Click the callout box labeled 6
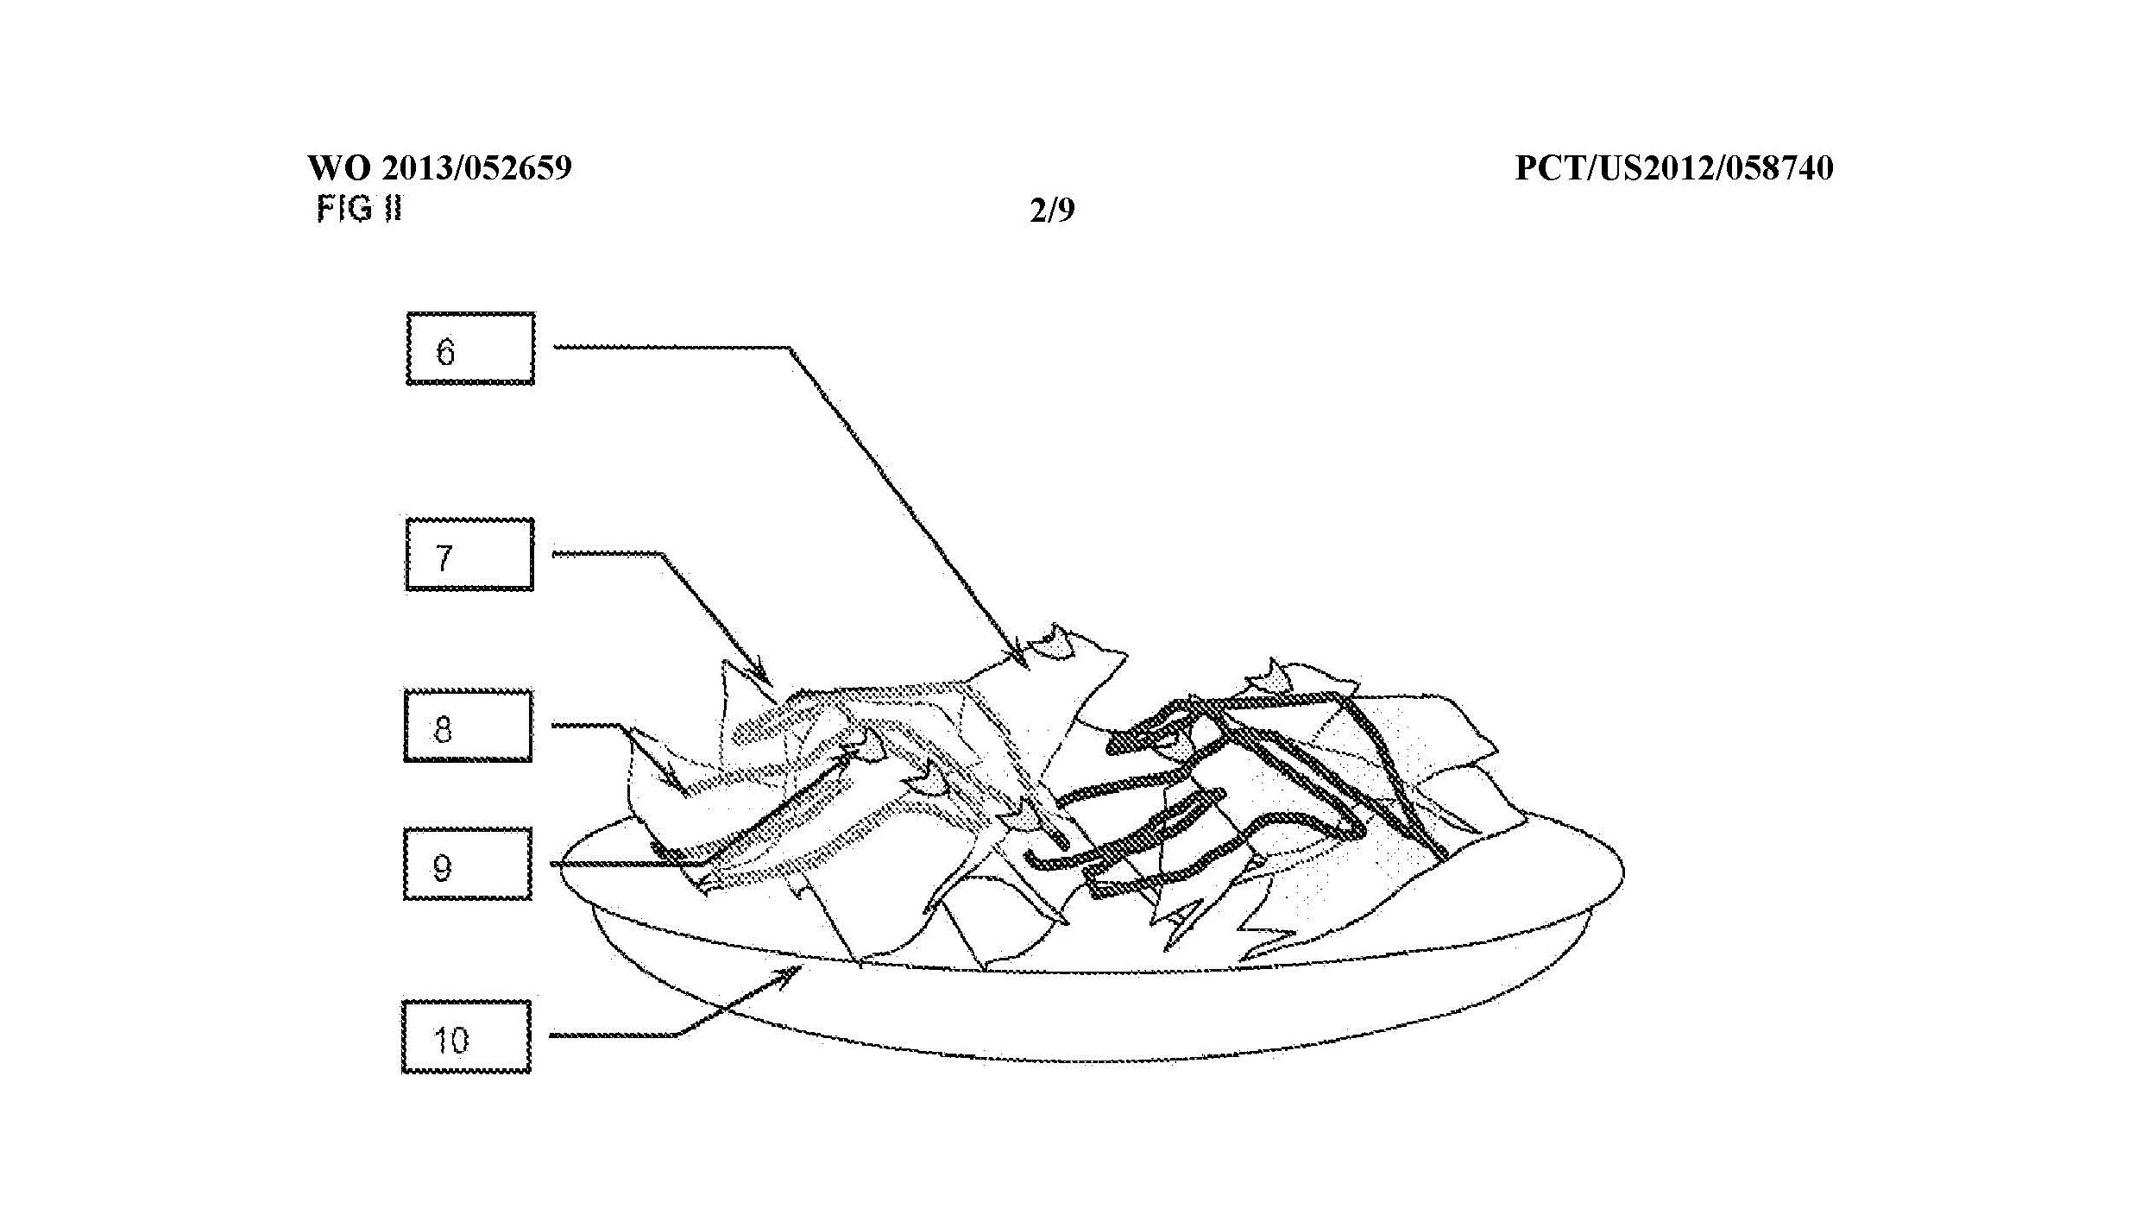coord(470,349)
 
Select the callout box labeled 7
coord(469,555)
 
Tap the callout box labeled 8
coord(468,726)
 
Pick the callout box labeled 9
coord(468,864)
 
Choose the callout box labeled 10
coord(466,1036)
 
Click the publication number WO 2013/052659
coord(439,167)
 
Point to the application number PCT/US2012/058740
coord(1673,167)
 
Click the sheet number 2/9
coord(1052,211)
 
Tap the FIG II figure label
coord(359,209)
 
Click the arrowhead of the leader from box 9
coord(854,752)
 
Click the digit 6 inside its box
coord(445,351)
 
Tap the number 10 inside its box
coord(450,1040)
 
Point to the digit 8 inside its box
coord(442,729)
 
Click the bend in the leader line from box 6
coord(789,348)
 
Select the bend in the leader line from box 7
coord(661,554)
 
